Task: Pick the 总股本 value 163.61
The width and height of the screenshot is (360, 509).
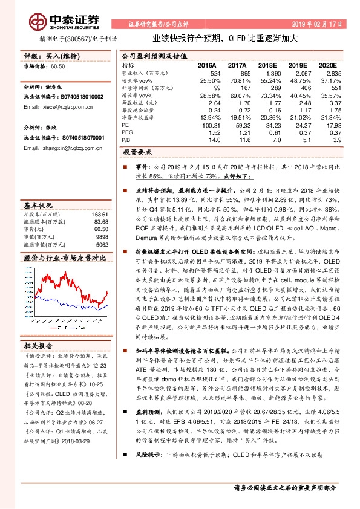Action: coord(100,215)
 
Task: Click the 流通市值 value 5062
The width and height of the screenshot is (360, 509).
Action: coord(102,245)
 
